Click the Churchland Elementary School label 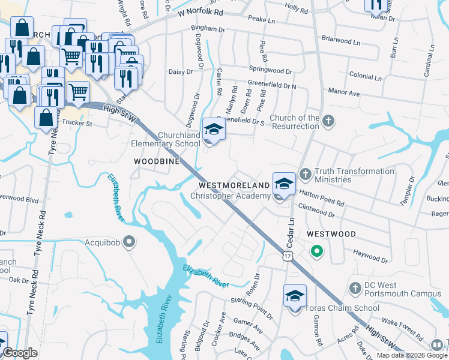[x=166, y=139]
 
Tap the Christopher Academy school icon [x=284, y=183]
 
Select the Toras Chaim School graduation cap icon [x=295, y=296]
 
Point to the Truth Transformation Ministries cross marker [x=305, y=175]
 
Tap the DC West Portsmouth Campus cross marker [x=355, y=289]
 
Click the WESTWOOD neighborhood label [x=331, y=234]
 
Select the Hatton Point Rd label [x=322, y=204]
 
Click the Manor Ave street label [x=343, y=93]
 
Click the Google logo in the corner [x=20, y=353]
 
